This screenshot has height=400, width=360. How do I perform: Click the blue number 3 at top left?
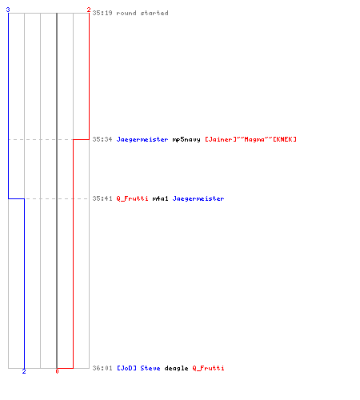tap(8, 10)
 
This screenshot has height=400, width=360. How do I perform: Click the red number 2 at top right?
tap(89, 10)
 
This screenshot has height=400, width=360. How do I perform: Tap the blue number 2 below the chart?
tap(24, 371)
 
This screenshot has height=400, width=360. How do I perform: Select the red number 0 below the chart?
tap(57, 371)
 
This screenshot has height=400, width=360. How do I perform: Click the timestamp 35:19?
tap(102, 13)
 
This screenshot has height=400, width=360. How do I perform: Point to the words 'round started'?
tap(142, 13)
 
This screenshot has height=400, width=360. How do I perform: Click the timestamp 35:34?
tap(102, 139)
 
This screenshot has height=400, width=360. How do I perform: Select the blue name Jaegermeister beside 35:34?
tap(142, 139)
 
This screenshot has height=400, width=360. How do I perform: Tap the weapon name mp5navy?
tap(186, 139)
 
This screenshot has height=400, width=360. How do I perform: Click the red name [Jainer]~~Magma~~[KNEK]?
tap(250, 139)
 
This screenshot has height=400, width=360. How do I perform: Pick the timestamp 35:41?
tap(102, 198)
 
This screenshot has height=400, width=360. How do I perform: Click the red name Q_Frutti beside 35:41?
tap(132, 198)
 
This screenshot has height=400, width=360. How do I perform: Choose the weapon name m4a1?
tap(160, 198)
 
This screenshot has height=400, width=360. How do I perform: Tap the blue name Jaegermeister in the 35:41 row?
tap(198, 198)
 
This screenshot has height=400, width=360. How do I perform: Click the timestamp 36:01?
tap(102, 368)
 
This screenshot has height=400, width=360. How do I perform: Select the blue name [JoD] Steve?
tap(138, 368)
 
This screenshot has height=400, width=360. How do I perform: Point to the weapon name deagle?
tap(176, 369)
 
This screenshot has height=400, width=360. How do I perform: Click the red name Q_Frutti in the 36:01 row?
tap(208, 369)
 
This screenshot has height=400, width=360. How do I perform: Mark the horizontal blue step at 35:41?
tap(16, 198)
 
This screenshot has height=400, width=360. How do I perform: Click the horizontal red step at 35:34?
tap(81, 139)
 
